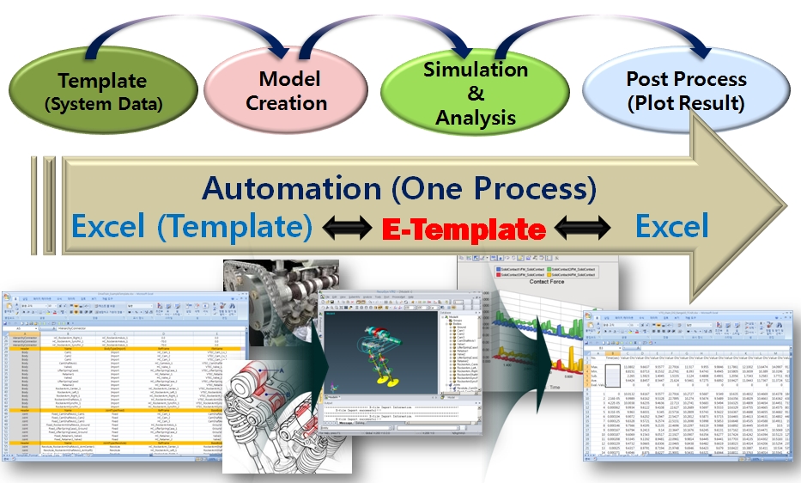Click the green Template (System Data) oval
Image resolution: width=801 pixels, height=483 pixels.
pos(101,93)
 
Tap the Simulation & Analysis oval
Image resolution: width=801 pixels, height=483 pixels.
pos(475,92)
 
